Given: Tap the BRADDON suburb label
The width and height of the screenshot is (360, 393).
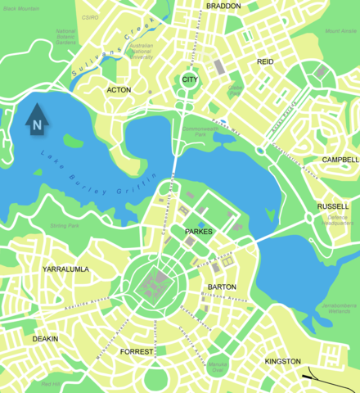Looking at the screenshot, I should tap(223, 6).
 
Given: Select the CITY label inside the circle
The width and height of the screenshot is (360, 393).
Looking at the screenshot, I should tap(190, 79).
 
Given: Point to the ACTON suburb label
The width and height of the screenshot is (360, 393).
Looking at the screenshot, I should tap(119, 90).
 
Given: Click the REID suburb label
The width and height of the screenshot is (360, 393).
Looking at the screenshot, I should tap(265, 61).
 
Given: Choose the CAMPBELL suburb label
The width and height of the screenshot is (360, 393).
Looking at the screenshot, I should tap(340, 160).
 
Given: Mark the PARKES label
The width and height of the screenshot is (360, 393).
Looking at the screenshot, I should tap(199, 232).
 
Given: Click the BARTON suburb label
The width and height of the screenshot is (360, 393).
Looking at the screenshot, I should tap(223, 287).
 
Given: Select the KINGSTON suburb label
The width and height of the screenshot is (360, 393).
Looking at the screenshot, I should tap(282, 361).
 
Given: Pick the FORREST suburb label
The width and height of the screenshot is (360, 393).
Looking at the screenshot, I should tap(136, 351).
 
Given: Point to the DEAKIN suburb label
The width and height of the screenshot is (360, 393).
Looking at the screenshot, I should tap(45, 338).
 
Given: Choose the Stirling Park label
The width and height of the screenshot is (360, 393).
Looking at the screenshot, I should tap(64, 224).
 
